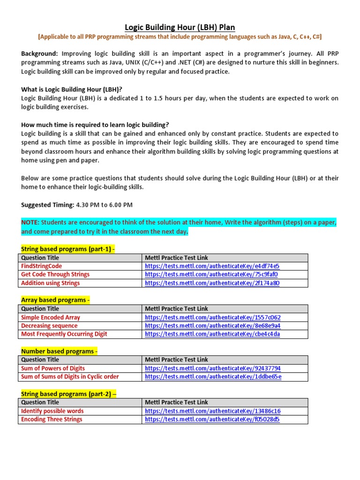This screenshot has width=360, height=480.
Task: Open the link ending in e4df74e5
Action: click(212, 266)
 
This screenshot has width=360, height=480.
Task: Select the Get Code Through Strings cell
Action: click(55, 274)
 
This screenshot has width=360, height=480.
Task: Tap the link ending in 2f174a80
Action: click(212, 283)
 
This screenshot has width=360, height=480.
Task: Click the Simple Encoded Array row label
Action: click(51, 317)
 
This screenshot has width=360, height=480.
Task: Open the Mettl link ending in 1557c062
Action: click(213, 317)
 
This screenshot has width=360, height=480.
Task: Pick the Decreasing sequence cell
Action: click(49, 326)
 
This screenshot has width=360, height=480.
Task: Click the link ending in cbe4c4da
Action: click(212, 334)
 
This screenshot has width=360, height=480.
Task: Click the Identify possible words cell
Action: click(52, 411)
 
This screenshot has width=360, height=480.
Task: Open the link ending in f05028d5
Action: click(212, 420)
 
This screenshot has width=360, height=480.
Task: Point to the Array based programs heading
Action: click(55, 300)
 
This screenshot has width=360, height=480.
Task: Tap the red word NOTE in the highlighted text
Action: click(30, 222)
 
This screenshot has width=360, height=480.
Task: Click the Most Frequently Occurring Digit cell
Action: click(64, 334)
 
